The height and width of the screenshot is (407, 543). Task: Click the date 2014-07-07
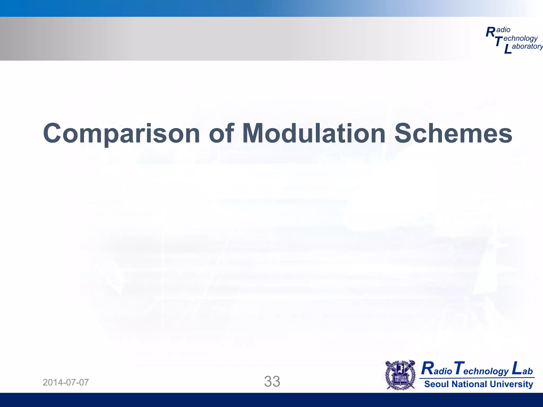[66, 382]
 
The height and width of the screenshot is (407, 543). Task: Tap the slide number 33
[272, 382]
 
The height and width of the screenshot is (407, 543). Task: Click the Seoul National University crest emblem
[400, 375]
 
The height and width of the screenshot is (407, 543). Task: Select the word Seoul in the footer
[437, 384]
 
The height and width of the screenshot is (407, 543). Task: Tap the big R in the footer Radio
[427, 369]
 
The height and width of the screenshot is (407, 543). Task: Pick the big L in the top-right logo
[507, 50]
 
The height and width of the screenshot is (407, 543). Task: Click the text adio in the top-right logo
[503, 30]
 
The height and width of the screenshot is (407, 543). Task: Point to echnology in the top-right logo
[520, 39]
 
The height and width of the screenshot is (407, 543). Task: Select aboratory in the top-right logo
[527, 46]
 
